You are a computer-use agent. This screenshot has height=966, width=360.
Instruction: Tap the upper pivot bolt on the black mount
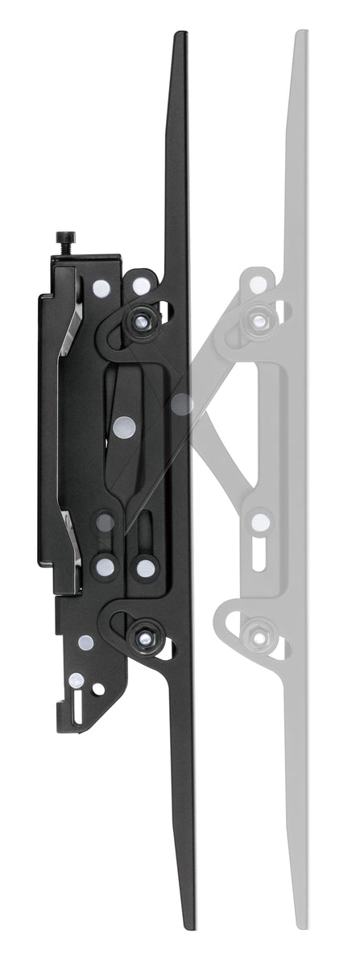(x=143, y=320)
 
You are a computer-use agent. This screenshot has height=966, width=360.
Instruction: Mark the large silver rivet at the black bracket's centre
(x=122, y=427)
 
